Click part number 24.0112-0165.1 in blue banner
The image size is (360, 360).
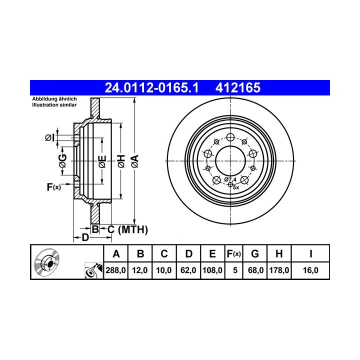pos(151,87)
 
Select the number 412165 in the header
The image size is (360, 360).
pos(238,87)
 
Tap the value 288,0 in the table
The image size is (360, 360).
pos(115,270)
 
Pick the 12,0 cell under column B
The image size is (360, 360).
pos(140,270)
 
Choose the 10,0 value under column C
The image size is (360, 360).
pos(164,270)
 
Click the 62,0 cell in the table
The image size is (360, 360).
pos(188,270)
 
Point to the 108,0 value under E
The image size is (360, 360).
pos(212,270)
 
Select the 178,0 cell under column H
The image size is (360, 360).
pos(279,270)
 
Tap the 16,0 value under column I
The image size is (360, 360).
pos(310,270)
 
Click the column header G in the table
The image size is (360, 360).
pos(255,254)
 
